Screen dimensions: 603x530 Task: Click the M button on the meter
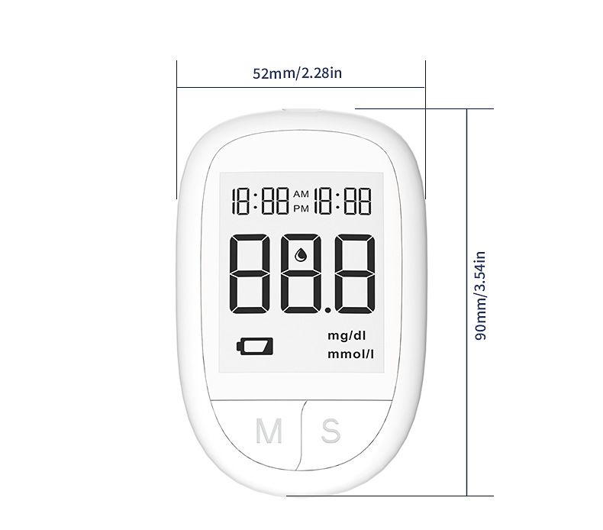[268, 431]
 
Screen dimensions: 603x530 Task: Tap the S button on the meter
[331, 430]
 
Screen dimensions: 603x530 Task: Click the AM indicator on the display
[302, 195]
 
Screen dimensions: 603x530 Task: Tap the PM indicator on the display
[302, 208]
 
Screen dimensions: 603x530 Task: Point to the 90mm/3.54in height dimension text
[480, 296]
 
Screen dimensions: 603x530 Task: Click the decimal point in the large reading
[324, 309]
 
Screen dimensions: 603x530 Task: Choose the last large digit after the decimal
[354, 273]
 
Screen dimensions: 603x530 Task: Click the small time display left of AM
[261, 202]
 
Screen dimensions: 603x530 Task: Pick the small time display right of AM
[343, 202]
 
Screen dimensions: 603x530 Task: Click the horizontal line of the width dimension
[301, 87]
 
